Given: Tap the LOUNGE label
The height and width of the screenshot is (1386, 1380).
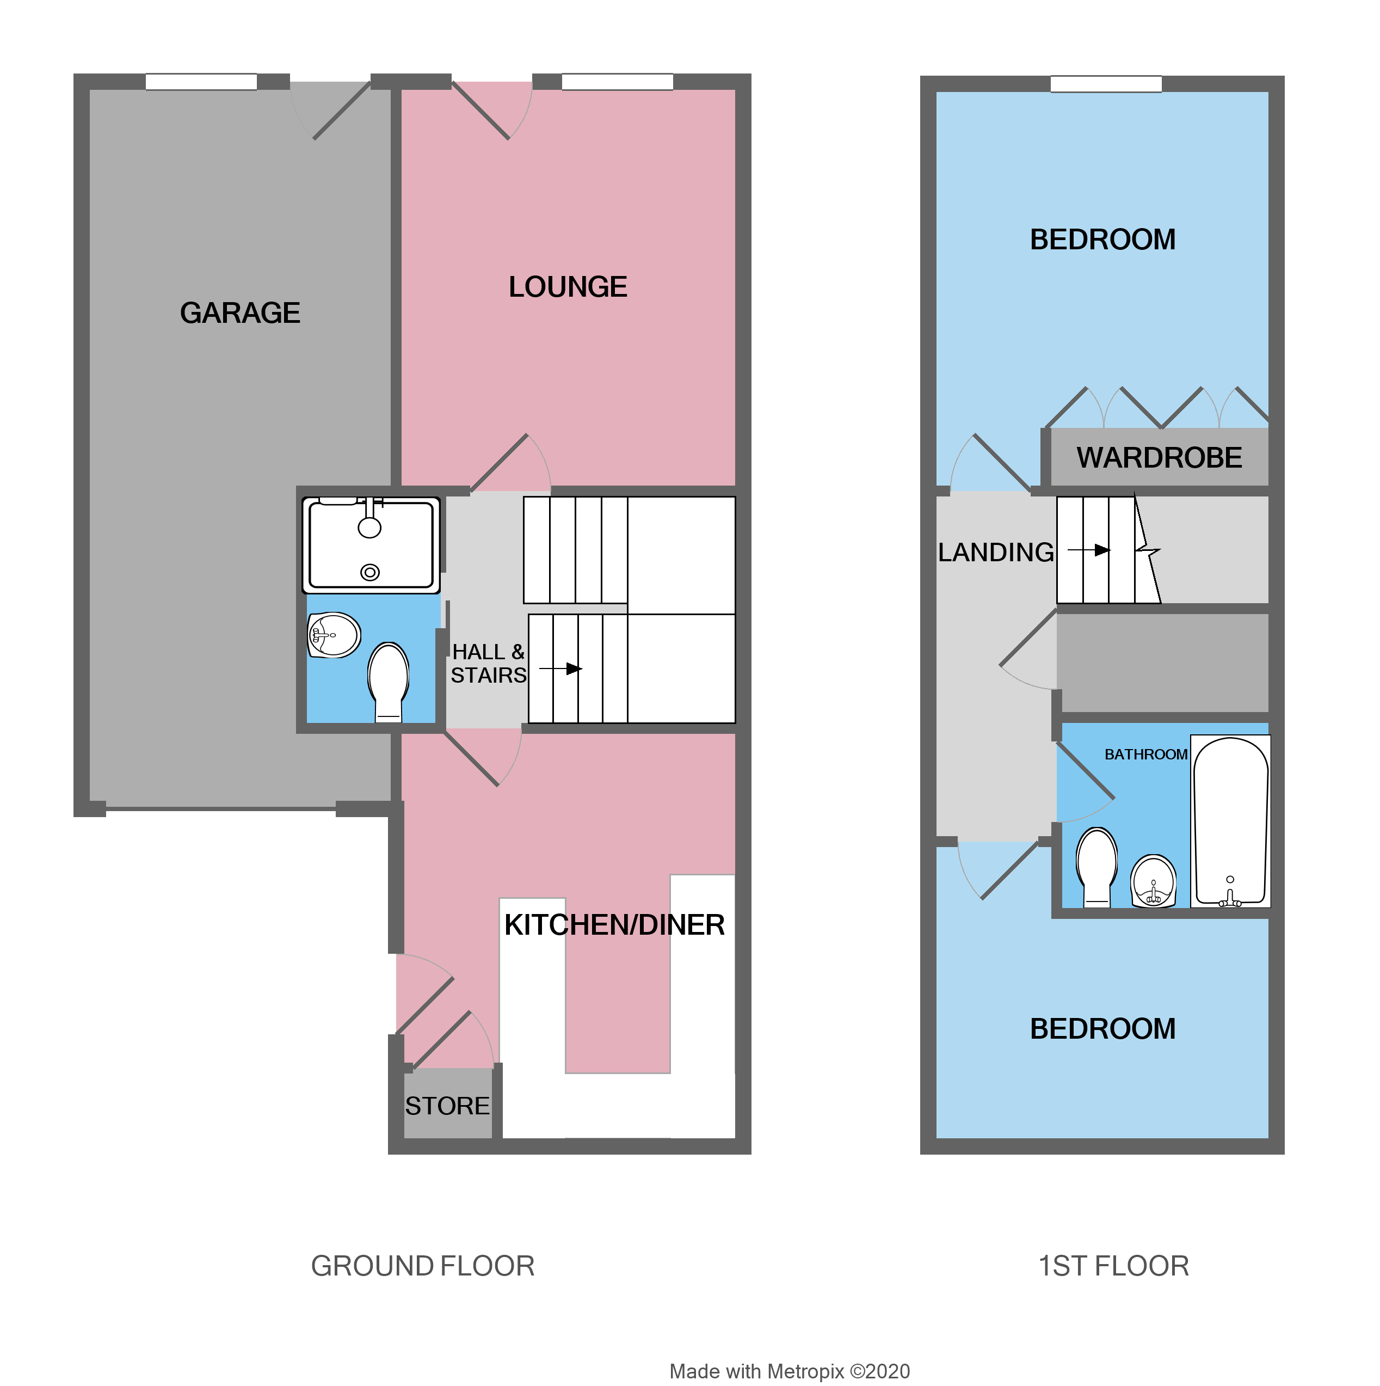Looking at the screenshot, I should coord(568,287).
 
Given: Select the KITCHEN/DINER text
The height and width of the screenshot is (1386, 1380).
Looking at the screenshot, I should coord(614,925).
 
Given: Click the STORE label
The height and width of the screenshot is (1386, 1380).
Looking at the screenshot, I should coord(447,1106).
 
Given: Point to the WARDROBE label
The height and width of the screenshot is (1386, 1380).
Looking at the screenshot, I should coord(1159,458).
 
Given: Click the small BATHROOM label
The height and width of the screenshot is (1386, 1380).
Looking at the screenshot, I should coord(1145,754).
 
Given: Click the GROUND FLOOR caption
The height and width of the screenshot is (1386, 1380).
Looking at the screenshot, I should coord(422,1266).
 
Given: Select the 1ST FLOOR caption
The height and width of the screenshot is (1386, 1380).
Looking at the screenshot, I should coord(1113,1266).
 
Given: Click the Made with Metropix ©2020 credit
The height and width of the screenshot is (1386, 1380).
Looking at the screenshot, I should coord(789,1371).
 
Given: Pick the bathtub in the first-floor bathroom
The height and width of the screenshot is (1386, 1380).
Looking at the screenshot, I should coord(1230,821).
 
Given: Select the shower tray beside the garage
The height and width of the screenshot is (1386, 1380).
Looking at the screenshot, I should coord(371,545).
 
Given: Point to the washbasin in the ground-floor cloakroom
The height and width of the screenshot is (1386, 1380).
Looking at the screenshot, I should coord(334,635).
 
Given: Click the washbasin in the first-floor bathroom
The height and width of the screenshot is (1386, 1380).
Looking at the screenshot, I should coord(1153,881).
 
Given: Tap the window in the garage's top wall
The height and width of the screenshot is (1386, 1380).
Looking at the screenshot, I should coord(201,82).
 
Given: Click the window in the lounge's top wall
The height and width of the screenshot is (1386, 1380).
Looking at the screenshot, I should coord(617,82).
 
